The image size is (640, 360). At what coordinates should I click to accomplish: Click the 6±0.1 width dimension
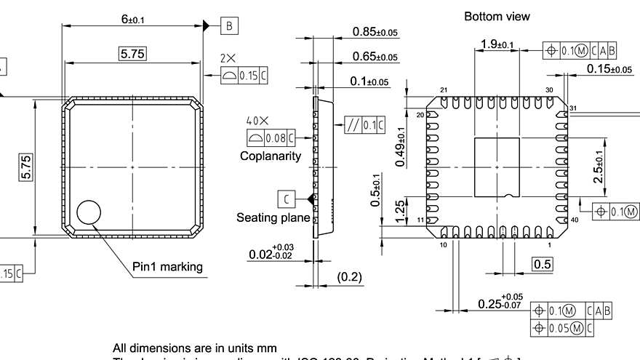[132, 20]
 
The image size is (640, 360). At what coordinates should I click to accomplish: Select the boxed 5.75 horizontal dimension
[132, 54]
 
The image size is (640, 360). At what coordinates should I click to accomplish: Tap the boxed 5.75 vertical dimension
[26, 167]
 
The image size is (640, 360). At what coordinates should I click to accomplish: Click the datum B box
[229, 26]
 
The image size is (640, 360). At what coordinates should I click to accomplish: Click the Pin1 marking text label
[167, 266]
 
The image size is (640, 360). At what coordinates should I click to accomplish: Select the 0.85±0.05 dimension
[375, 32]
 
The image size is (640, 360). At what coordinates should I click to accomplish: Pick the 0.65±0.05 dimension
[375, 57]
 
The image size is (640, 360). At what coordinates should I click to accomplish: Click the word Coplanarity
[271, 156]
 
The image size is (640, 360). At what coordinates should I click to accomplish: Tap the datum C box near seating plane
[287, 198]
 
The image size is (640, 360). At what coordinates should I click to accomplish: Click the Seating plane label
[273, 217]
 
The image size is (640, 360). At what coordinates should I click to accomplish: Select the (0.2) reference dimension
[350, 277]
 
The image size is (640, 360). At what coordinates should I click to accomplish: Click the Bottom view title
[497, 16]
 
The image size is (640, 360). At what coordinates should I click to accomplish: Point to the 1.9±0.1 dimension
[497, 45]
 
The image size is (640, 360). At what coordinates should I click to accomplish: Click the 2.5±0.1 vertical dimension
[598, 167]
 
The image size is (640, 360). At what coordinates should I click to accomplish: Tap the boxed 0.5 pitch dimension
[543, 264]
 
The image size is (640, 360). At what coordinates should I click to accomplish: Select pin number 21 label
[443, 90]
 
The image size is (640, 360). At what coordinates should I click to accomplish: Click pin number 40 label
[575, 220]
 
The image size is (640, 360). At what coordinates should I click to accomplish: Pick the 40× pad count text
[257, 121]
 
